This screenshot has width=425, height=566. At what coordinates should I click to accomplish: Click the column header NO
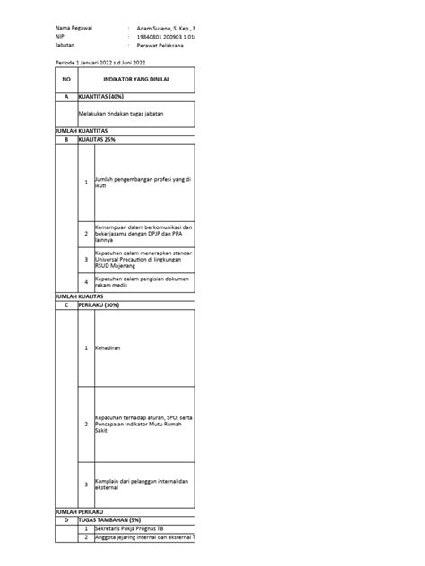65,80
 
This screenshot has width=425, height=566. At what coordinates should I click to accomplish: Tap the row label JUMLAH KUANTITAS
82,132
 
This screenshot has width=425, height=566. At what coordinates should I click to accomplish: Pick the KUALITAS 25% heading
97,139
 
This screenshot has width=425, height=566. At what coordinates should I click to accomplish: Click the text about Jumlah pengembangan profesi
143,182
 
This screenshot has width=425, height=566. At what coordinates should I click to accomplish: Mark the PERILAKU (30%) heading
99,304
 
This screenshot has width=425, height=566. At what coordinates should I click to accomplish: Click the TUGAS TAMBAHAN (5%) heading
113,519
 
